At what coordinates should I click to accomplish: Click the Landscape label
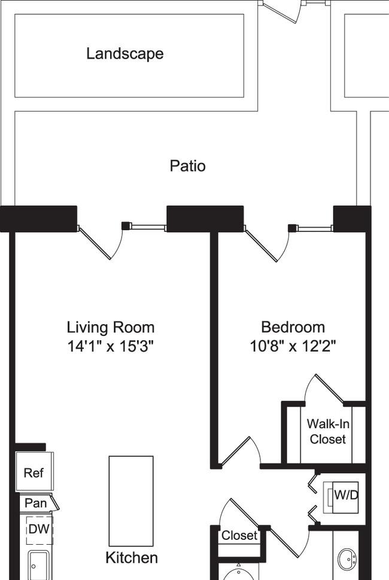tap(124, 54)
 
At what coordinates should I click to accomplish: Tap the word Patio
tap(188, 166)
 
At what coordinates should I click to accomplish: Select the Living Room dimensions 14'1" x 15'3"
tap(110, 347)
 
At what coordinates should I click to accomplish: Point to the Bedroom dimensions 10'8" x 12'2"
tap(293, 347)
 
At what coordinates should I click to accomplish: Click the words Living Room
tap(110, 327)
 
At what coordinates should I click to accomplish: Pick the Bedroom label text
tap(293, 327)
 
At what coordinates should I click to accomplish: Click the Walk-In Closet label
tap(328, 431)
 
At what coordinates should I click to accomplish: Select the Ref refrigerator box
tap(34, 472)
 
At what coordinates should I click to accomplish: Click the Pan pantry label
tap(35, 503)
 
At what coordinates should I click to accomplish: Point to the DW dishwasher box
tap(39, 530)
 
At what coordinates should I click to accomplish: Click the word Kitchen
tap(132, 558)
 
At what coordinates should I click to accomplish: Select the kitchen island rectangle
tap(131, 501)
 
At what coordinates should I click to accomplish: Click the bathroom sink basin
tap(347, 561)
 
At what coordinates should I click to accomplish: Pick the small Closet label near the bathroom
tap(239, 535)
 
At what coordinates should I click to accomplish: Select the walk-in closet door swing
tap(325, 389)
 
